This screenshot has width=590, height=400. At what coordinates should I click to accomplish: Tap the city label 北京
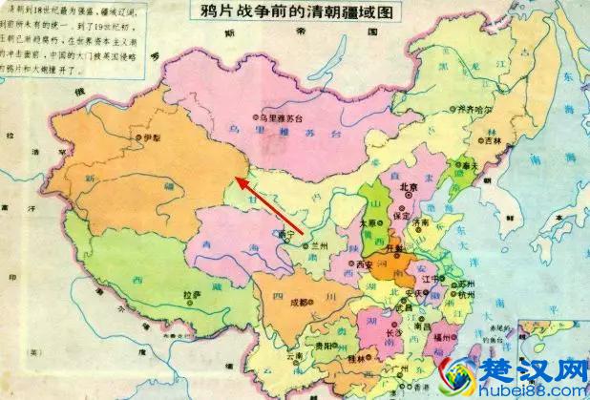(409, 188)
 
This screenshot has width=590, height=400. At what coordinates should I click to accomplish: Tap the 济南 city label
(423, 221)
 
